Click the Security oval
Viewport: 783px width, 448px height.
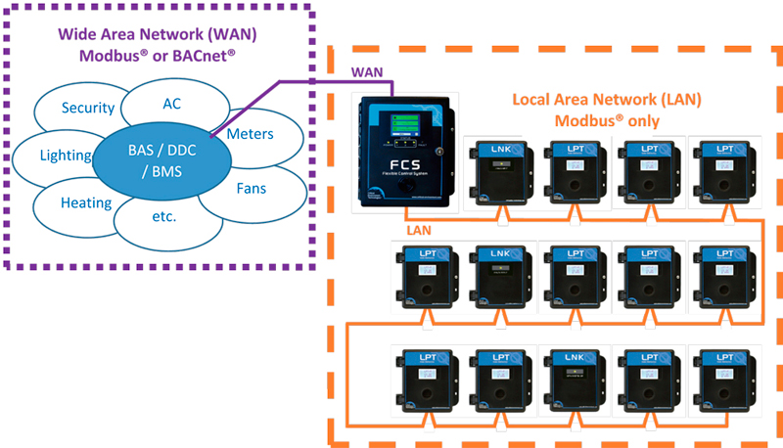pyautogui.click(x=87, y=108)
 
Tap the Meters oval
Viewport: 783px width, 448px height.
pyautogui.click(x=250, y=133)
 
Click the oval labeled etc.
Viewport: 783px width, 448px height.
pyautogui.click(x=162, y=216)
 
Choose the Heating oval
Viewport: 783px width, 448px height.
pyautogui.click(x=84, y=203)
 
